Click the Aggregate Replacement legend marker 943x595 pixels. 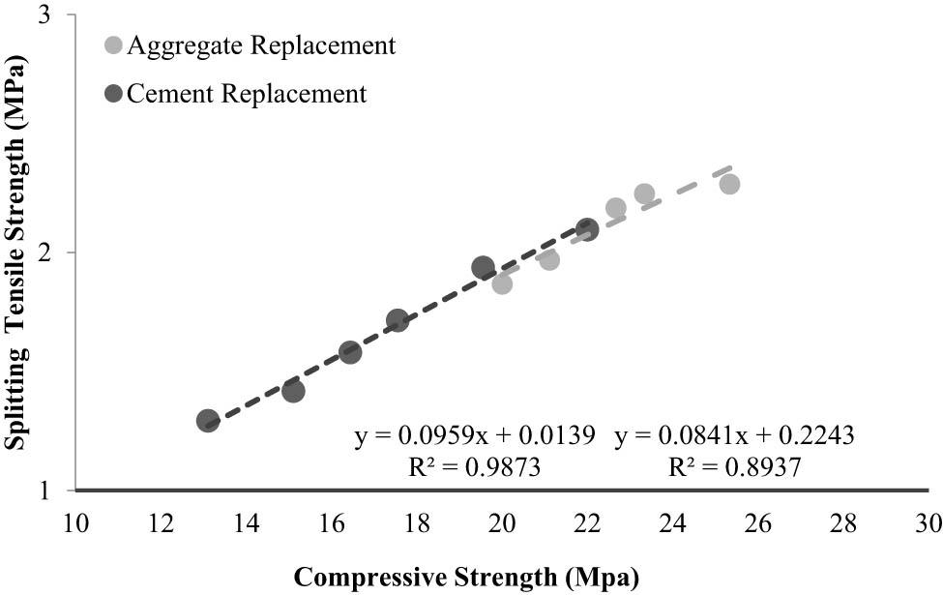click(114, 45)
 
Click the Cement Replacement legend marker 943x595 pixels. click(114, 94)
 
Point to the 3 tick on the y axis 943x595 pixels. click(44, 16)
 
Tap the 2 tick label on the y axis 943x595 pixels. click(44, 253)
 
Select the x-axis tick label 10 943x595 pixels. click(75, 523)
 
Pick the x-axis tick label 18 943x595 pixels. click(417, 523)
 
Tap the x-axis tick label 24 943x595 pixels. click(673, 523)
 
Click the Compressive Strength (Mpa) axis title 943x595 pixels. click(466, 579)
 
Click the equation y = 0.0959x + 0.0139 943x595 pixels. click(474, 435)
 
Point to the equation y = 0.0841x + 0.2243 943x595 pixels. click(733, 435)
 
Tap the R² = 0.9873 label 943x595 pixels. click(475, 468)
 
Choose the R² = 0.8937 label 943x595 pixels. click(734, 468)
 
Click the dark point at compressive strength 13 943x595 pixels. click(208, 421)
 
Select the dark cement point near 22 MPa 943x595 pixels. click(587, 229)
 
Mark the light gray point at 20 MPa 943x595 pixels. click(502, 283)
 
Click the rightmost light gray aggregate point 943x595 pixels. click(729, 184)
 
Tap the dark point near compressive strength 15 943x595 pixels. click(293, 391)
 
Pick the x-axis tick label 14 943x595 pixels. click(247, 523)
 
